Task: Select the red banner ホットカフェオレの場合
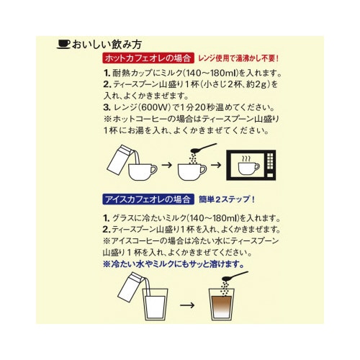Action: tap(146, 58)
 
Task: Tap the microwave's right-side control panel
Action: tap(272, 166)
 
